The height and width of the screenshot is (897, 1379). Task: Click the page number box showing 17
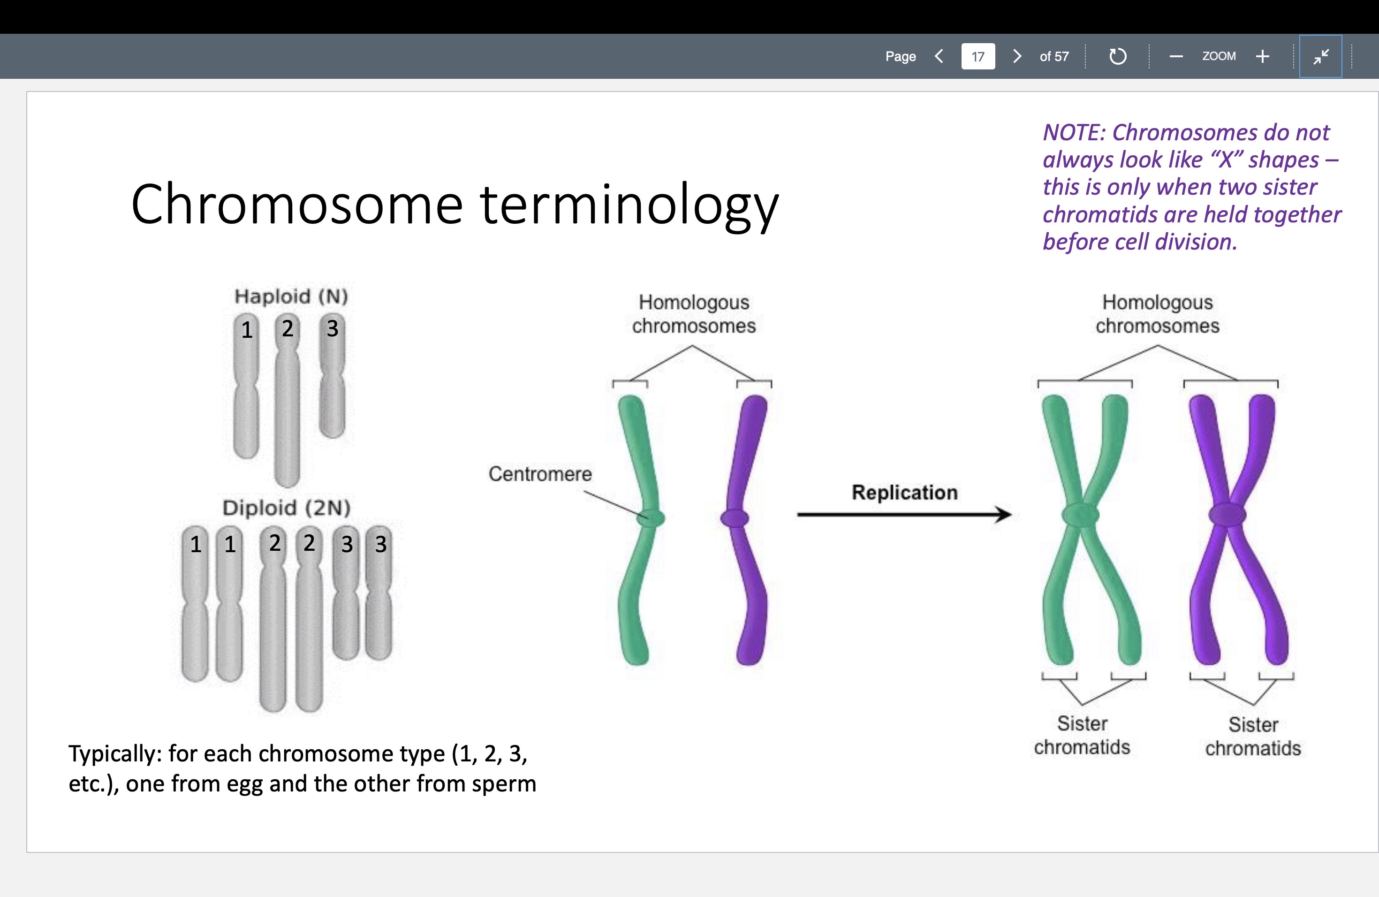pyautogui.click(x=977, y=56)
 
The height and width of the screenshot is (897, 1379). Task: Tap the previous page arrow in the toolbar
pyautogui.click(x=939, y=56)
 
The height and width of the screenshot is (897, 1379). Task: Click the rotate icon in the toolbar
pyautogui.click(x=1117, y=56)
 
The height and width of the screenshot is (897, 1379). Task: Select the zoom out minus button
pyautogui.click(x=1175, y=56)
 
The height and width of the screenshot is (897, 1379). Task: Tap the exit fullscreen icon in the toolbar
pyautogui.click(x=1320, y=56)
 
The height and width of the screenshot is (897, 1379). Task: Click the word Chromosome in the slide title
pyautogui.click(x=296, y=204)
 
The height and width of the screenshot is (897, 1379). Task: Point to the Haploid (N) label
pyautogui.click(x=291, y=296)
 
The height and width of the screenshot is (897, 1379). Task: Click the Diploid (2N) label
pyautogui.click(x=287, y=508)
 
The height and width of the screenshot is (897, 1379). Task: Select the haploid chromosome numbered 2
pyautogui.click(x=288, y=400)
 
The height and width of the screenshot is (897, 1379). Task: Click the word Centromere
pyautogui.click(x=540, y=474)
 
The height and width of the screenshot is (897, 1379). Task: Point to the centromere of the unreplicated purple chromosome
pyautogui.click(x=734, y=517)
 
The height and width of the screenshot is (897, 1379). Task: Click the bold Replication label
pyautogui.click(x=904, y=493)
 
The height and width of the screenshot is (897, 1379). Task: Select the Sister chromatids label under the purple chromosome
pyautogui.click(x=1253, y=736)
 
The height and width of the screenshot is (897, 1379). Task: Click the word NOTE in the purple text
pyautogui.click(x=1073, y=133)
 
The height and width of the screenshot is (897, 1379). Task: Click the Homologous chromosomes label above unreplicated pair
pyautogui.click(x=694, y=313)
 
